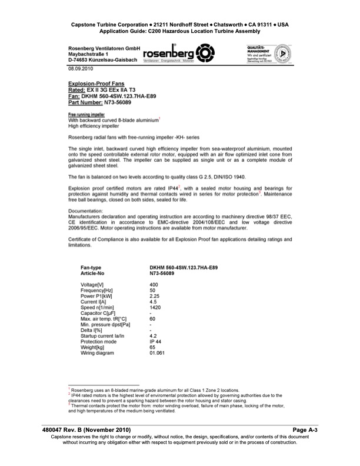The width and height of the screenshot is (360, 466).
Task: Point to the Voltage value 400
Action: pyautogui.click(x=154, y=285)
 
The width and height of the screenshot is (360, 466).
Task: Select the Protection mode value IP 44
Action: pyautogui.click(x=156, y=342)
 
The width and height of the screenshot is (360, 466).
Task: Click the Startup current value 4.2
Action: pyautogui.click(x=153, y=337)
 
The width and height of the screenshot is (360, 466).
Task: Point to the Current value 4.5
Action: pyautogui.click(x=153, y=302)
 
